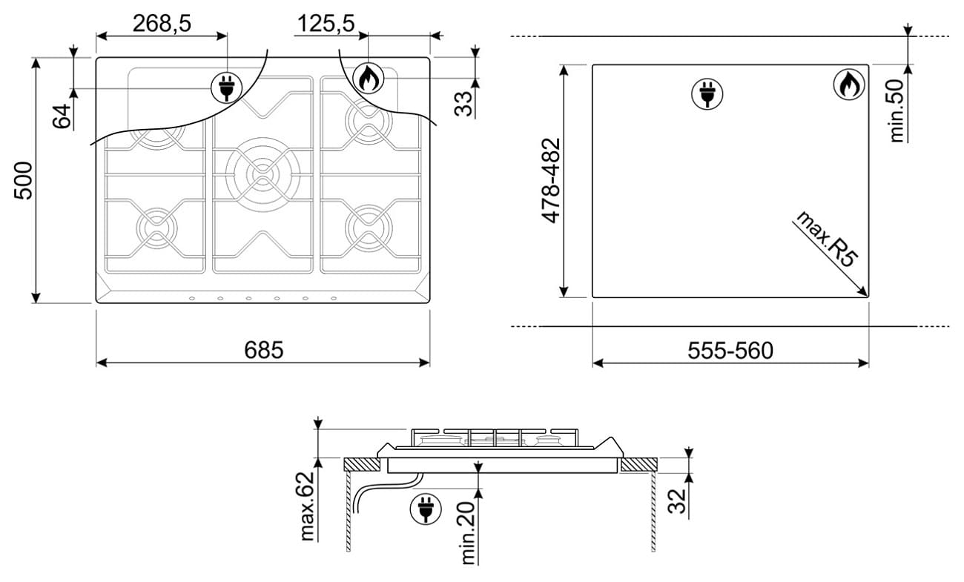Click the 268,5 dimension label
pyautogui.click(x=162, y=23)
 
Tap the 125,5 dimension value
pyautogui.click(x=326, y=23)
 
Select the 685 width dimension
pyautogui.click(x=263, y=350)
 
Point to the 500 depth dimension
pyautogui.click(x=23, y=180)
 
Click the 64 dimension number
pyautogui.click(x=62, y=116)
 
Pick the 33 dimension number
pyautogui.click(x=463, y=104)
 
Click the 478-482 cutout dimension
pyautogui.click(x=550, y=181)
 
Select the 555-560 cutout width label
pyautogui.click(x=730, y=351)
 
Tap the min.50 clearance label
pyautogui.click(x=897, y=110)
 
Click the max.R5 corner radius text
pyautogui.click(x=826, y=239)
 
